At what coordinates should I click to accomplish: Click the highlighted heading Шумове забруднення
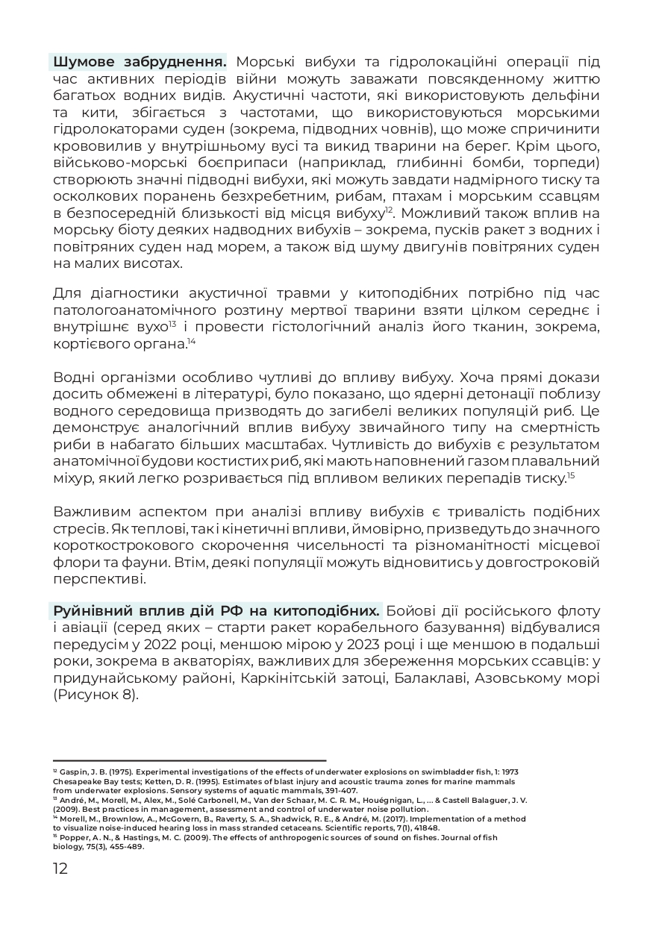[138, 61]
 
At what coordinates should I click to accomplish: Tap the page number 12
[60, 869]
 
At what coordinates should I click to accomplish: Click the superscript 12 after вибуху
[389, 210]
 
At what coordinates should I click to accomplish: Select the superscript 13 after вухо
[172, 323]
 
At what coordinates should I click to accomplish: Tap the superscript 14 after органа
[191, 341]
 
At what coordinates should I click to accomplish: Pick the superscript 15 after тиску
[571, 475]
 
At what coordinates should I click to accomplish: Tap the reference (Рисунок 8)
[96, 696]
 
